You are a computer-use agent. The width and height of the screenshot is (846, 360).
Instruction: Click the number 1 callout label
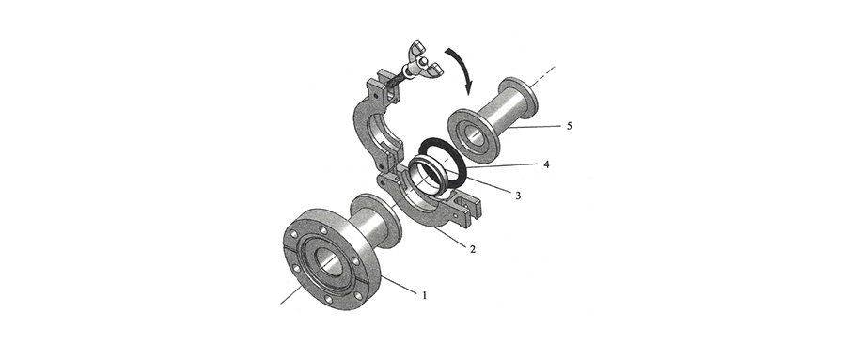coord(425,295)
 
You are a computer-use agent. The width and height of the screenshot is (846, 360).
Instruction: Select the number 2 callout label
coord(473,249)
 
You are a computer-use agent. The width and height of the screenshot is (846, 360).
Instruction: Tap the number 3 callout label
coord(518,196)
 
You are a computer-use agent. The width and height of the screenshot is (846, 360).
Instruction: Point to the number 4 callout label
coord(546,164)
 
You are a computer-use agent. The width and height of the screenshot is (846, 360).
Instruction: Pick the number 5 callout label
coord(570,126)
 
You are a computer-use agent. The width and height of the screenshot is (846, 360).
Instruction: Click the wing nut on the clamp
coord(422,60)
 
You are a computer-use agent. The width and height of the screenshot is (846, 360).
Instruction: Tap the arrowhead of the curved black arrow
coord(468,86)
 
